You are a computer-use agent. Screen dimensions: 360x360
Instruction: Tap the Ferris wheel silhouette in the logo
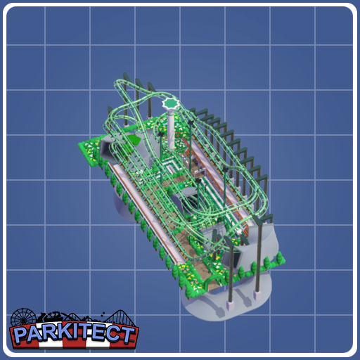pyautogui.click(x=23, y=319)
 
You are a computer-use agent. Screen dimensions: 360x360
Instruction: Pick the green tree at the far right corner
pyautogui.click(x=280, y=258)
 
